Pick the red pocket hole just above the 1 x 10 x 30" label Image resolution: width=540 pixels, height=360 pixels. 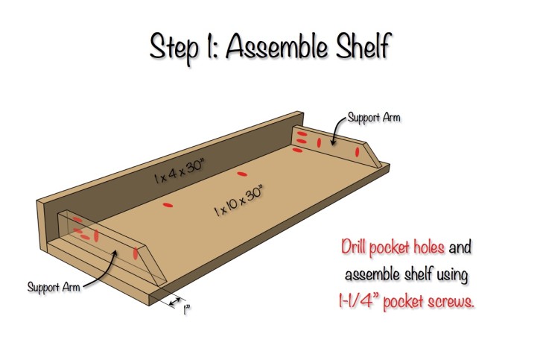pos(241,174)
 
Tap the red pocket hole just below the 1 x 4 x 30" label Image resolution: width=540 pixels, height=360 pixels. pos(168,203)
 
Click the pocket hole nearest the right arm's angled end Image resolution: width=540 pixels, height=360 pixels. pos(358,151)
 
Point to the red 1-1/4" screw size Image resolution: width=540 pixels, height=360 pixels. pos(361,303)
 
